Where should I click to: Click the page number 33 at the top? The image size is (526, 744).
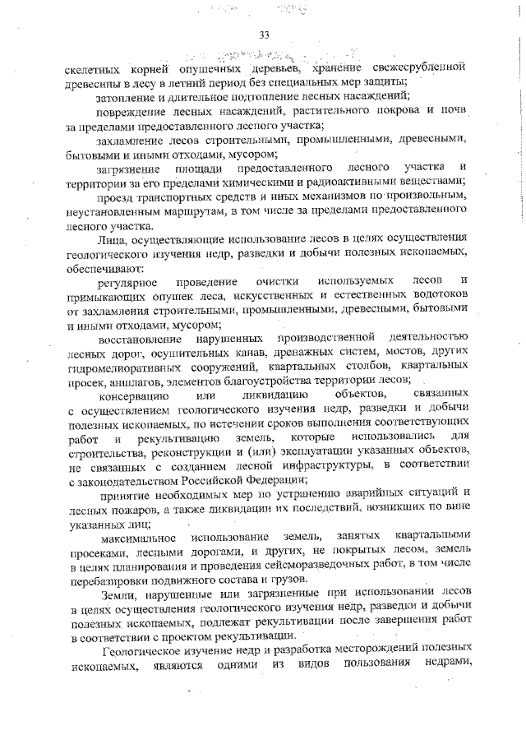[264, 35]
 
